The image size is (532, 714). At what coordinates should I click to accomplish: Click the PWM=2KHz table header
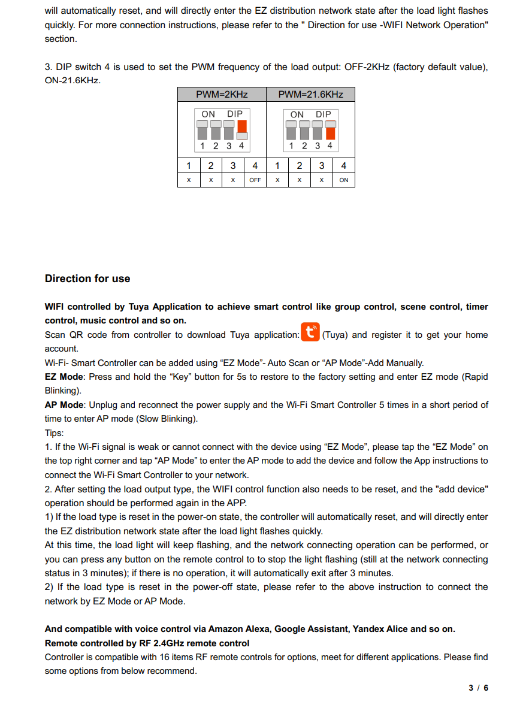pos(222,95)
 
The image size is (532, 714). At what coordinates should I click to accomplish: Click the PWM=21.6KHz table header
pos(310,95)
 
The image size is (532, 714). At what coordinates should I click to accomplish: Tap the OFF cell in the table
pos(255,180)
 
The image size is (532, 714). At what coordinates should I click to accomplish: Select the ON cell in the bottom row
pos(343,180)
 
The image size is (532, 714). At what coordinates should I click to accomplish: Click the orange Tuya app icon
pos(310,334)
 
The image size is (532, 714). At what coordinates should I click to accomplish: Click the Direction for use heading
pos(87,279)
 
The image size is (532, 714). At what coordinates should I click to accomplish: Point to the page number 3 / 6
pos(478,688)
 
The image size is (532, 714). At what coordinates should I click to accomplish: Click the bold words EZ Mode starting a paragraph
pos(63,377)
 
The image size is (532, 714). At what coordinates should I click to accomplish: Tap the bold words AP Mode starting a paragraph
pos(64,405)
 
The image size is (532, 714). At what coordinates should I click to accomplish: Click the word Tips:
pos(55,433)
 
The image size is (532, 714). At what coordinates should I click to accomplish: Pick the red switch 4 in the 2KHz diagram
pos(242,126)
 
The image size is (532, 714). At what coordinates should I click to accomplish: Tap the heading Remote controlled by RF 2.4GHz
pos(147,643)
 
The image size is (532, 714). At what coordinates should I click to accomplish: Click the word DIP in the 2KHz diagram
pos(235,114)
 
